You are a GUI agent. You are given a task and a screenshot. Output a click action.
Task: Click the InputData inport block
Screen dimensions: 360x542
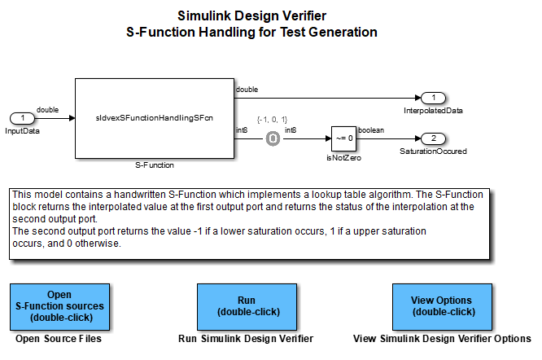tap(23, 118)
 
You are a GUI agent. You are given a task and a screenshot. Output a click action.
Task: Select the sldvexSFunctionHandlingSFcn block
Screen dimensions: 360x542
tap(154, 118)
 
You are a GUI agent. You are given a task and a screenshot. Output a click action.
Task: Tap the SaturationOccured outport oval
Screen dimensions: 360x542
tap(434, 138)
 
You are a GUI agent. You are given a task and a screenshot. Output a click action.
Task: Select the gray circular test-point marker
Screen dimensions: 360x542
tap(273, 138)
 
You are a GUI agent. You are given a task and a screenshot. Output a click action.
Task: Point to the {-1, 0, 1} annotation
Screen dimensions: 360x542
tap(273, 120)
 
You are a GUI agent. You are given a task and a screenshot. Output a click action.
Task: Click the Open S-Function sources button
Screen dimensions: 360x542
tap(59, 305)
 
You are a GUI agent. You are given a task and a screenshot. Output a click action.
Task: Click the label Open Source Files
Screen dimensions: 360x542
tap(59, 339)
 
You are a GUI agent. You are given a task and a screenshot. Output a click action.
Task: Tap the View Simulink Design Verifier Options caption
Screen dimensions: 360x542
tap(443, 339)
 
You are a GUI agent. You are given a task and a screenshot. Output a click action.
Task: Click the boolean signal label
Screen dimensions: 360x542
tap(372, 130)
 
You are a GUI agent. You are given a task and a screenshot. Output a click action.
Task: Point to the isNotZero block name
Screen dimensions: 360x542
tap(344, 158)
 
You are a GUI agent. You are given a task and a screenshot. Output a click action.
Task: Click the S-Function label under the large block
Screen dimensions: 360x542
tap(154, 165)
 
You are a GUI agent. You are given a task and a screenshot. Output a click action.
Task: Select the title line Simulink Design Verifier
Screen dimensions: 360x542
tap(251, 15)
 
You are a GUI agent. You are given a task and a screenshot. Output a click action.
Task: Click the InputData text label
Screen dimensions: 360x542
tap(23, 130)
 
